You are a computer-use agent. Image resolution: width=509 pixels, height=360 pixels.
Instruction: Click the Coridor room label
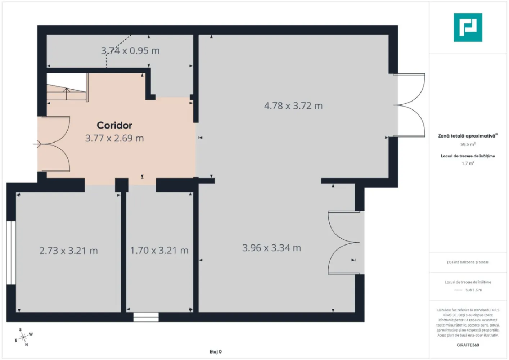point(114,125)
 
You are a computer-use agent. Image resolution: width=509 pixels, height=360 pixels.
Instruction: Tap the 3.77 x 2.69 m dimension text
point(114,138)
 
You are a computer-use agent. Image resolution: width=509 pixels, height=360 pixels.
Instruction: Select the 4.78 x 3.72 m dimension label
point(293,106)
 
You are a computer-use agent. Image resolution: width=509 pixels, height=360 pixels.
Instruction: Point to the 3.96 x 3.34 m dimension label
point(271,248)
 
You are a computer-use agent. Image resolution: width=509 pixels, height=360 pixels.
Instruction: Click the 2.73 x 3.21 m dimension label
point(68,251)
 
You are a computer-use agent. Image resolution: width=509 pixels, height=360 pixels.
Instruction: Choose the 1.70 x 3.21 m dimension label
point(159,251)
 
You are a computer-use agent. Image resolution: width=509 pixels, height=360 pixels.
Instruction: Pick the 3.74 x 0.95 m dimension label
point(130,51)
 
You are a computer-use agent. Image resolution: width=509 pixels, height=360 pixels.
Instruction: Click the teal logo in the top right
point(468,27)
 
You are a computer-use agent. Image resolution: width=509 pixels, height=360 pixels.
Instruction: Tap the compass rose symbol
point(23,337)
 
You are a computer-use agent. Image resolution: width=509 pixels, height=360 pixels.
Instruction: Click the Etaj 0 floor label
point(216,352)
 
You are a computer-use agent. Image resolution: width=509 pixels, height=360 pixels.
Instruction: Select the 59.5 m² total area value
point(468,144)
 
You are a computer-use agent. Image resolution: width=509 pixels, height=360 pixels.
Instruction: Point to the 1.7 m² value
point(468,163)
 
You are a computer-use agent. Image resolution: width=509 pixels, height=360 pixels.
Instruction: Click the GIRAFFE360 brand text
point(468,345)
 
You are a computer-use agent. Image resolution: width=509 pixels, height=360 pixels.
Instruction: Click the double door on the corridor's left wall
point(54,144)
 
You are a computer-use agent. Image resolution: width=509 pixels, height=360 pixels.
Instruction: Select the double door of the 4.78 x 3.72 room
point(410,105)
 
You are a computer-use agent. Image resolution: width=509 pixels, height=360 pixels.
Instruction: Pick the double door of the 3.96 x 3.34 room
point(344,243)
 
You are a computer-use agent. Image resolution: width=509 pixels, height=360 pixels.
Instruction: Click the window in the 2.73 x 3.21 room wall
point(11,253)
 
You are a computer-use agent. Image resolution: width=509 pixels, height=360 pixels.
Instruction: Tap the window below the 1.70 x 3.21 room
point(146,317)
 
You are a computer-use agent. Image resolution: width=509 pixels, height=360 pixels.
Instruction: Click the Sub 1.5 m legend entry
point(468,290)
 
